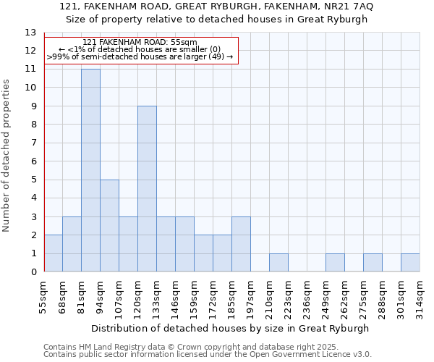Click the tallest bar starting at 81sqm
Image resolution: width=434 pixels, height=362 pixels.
[x=90, y=170]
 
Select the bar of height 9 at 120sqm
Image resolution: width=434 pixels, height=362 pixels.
[x=147, y=189]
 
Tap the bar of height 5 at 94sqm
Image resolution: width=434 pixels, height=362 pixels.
[x=109, y=226]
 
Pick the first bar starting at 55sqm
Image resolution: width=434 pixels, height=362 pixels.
[x=53, y=253]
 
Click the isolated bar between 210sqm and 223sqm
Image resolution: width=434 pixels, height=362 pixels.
[x=278, y=263]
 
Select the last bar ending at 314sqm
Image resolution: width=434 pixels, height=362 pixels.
[x=410, y=263]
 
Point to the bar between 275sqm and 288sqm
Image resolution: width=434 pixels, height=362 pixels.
[x=373, y=263]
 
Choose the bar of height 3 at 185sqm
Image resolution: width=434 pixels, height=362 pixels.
[x=241, y=244]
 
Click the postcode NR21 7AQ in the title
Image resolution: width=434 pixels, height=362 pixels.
[x=350, y=7]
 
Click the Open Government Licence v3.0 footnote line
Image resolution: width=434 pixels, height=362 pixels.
[x=208, y=355]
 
